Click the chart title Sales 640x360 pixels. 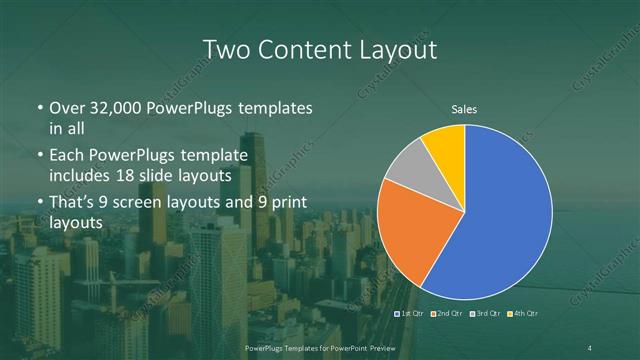[464, 108]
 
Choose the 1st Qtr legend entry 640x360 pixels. [411, 314]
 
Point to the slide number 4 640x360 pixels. [590, 347]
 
